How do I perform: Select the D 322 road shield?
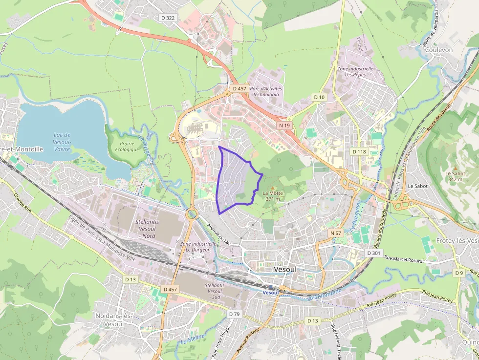[168, 18]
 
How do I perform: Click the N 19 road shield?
[284, 126]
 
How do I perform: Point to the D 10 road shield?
[319, 97]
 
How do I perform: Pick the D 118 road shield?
[359, 151]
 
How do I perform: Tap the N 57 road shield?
[335, 233]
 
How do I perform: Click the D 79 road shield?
[234, 314]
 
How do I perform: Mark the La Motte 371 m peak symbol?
[273, 188]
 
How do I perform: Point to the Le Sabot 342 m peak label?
[455, 176]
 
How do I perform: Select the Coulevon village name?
[439, 50]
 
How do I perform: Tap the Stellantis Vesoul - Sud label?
[215, 291]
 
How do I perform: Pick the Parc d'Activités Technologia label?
[266, 91]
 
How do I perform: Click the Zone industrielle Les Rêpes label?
[355, 72]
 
